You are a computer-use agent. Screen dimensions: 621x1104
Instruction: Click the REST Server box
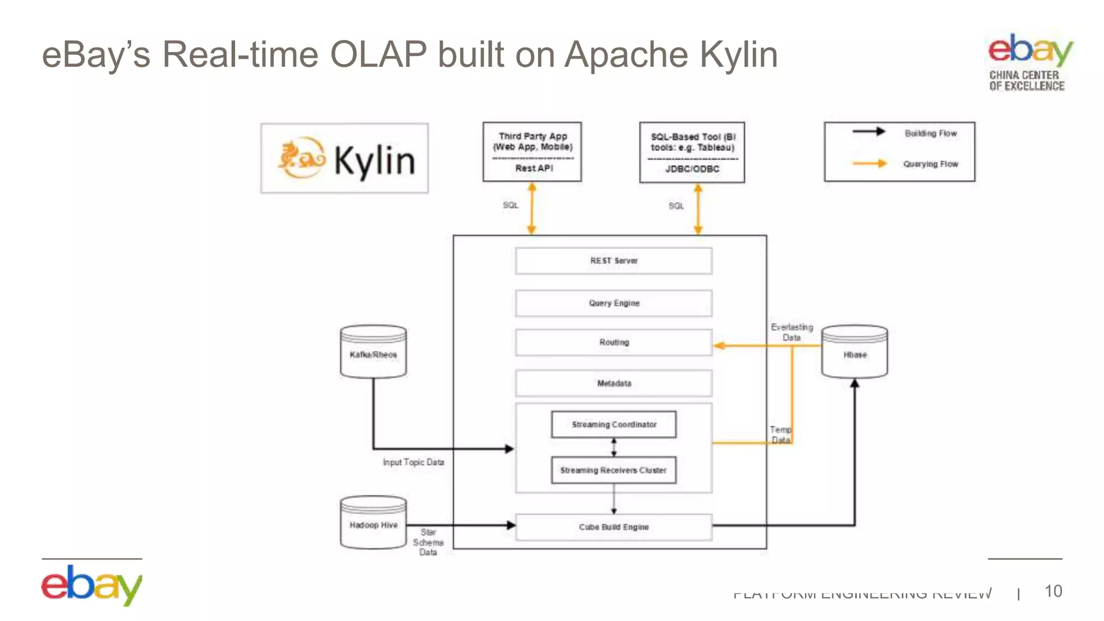613,261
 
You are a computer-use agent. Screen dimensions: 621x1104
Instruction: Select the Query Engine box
613,303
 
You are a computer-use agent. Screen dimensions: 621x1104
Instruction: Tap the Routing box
613,343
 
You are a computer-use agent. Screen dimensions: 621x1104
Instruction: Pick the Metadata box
613,383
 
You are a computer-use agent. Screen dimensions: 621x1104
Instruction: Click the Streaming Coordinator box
613,425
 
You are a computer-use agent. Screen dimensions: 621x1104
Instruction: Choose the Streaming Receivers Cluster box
613,470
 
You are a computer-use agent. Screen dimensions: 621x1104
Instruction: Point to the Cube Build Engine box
613,527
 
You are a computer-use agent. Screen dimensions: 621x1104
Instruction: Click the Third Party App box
532,152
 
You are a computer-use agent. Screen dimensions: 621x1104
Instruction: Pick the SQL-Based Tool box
692,153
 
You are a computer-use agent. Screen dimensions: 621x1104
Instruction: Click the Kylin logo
344,158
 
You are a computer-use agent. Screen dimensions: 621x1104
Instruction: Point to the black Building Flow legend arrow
868,132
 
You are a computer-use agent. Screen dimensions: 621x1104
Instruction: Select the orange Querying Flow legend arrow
869,163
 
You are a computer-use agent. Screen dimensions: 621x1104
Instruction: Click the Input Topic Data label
413,463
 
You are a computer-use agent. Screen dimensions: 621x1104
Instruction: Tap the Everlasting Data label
791,332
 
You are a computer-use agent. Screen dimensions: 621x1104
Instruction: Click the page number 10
1053,591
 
